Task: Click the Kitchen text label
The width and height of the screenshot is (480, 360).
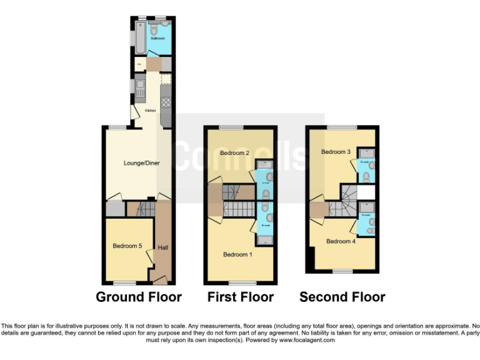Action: (x=151, y=111)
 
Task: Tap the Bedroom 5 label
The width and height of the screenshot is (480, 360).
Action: (x=127, y=246)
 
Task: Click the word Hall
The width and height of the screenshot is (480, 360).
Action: (x=162, y=248)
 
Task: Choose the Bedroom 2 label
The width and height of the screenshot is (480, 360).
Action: (x=234, y=153)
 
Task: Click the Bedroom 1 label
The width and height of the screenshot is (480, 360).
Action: (x=238, y=254)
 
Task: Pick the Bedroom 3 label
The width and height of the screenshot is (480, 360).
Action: (x=336, y=152)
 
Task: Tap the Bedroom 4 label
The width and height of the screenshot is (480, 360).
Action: (x=341, y=241)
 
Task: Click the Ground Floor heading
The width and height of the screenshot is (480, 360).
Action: (x=138, y=297)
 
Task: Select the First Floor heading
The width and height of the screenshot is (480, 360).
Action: (x=240, y=297)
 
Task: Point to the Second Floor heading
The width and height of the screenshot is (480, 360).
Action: (x=342, y=297)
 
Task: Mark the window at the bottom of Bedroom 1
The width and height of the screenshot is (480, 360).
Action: (x=237, y=283)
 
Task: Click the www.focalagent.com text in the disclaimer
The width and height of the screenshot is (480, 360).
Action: (x=306, y=341)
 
